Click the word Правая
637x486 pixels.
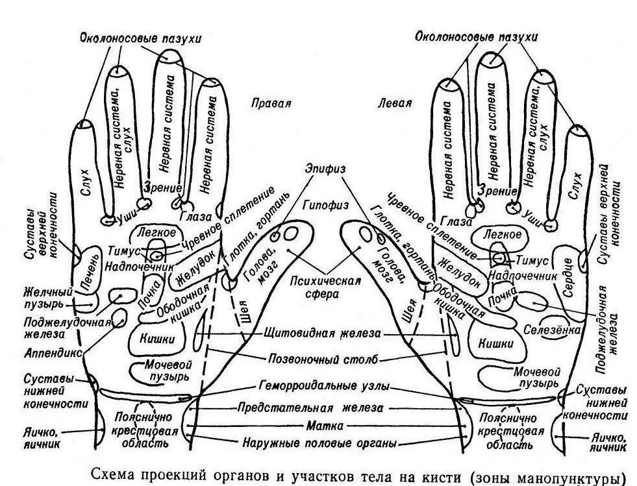(x=271, y=103)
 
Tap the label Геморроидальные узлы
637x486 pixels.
(x=325, y=386)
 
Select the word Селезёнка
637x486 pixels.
(x=551, y=329)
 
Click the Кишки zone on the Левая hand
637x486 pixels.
(x=495, y=343)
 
